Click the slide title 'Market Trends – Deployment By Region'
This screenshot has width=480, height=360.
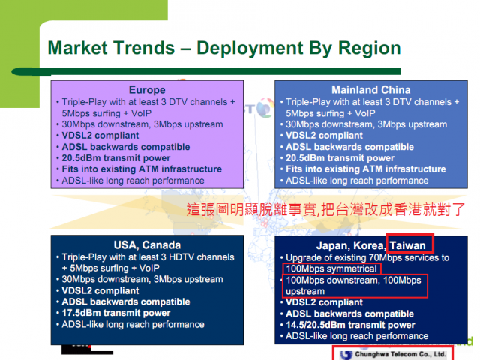(x=224, y=48)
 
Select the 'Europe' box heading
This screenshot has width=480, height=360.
(x=147, y=90)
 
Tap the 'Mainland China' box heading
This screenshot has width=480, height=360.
(x=371, y=90)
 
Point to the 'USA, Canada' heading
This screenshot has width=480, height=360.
(x=147, y=245)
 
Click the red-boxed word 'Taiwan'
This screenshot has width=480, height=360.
(x=407, y=245)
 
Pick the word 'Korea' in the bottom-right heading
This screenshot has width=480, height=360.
(x=368, y=245)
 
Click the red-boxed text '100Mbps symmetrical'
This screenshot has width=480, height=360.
(x=331, y=268)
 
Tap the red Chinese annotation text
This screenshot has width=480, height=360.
(x=325, y=210)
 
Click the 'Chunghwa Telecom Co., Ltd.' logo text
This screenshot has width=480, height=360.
(x=400, y=354)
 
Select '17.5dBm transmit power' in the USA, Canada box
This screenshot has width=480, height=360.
(x=116, y=313)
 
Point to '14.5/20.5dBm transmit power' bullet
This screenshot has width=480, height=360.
(x=350, y=325)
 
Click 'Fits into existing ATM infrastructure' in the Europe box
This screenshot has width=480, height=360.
(x=142, y=169)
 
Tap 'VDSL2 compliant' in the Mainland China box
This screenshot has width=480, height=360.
(x=324, y=136)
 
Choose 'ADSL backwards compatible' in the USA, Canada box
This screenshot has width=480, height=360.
(x=126, y=301)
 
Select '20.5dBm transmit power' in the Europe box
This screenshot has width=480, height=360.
(x=116, y=158)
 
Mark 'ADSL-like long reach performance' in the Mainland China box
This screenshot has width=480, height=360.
(x=357, y=181)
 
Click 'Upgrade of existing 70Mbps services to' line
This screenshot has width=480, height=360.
(x=367, y=257)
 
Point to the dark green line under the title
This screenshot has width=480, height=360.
(x=206, y=72)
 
